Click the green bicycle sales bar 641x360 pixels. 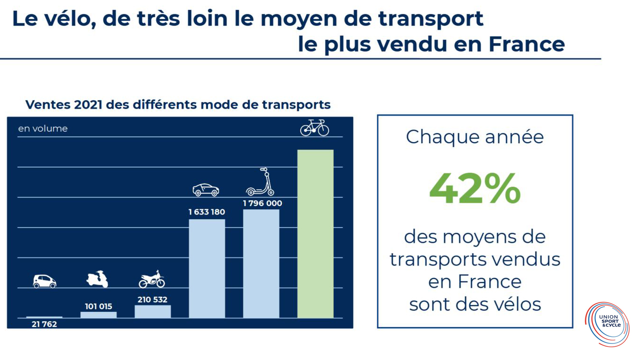pyautogui.click(x=315, y=234)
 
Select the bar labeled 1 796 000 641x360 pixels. pyautogui.click(x=261, y=263)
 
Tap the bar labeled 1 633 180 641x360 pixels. pyautogui.click(x=207, y=268)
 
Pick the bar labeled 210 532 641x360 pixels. pyautogui.click(x=153, y=311)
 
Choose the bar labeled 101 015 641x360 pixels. pyautogui.click(x=98, y=315)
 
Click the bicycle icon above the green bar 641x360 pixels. pyautogui.click(x=315, y=128)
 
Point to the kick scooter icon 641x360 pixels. pyautogui.click(x=260, y=182)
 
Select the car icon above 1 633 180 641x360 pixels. pyautogui.click(x=206, y=190)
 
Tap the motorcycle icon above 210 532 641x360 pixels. pyautogui.click(x=152, y=280)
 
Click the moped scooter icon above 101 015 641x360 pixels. pyautogui.click(x=97, y=279)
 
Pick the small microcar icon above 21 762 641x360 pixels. pyautogui.click(x=44, y=281)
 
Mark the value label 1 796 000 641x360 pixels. pyautogui.click(x=262, y=204)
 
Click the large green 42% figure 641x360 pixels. pyautogui.click(x=475, y=189)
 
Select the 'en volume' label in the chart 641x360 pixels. pyautogui.click(x=43, y=129)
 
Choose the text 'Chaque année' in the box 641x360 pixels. pyautogui.click(x=475, y=137)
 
